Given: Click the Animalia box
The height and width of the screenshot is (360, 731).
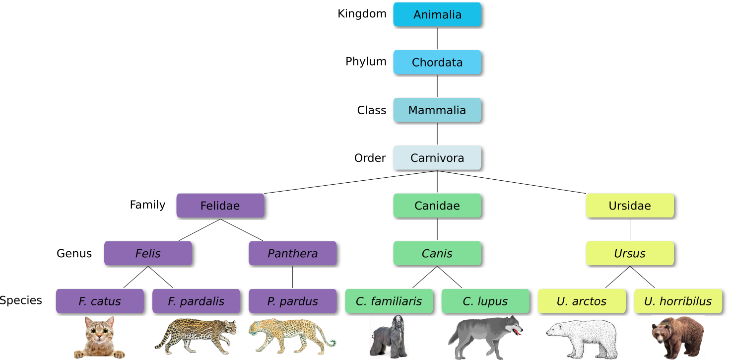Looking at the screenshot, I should pyautogui.click(x=437, y=14).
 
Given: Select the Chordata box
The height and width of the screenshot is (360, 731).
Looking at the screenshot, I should pyautogui.click(x=437, y=62).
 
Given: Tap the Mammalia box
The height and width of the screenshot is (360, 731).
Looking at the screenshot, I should pyautogui.click(x=437, y=110).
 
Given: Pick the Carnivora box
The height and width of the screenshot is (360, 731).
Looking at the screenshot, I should pyautogui.click(x=437, y=157).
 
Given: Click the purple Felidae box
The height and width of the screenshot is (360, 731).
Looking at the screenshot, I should pyautogui.click(x=220, y=206).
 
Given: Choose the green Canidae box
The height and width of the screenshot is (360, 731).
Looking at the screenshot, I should pyautogui.click(x=437, y=206).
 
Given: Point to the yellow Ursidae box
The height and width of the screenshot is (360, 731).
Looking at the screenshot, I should pyautogui.click(x=630, y=206).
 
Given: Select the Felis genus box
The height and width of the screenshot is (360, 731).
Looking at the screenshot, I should pyautogui.click(x=148, y=253).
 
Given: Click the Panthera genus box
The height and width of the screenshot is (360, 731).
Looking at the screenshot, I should pyautogui.click(x=292, y=253).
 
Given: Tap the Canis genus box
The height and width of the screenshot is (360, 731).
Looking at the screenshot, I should pyautogui.click(x=437, y=253).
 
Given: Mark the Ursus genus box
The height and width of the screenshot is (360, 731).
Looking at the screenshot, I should pyautogui.click(x=630, y=253).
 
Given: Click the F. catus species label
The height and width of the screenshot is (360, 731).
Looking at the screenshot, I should pyautogui.click(x=100, y=301).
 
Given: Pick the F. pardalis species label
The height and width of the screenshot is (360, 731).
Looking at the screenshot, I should pyautogui.click(x=196, y=301).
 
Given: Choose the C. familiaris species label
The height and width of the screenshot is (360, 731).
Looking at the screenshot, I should pyautogui.click(x=389, y=301).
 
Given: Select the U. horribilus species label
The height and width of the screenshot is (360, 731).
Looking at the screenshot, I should pyautogui.click(x=678, y=301).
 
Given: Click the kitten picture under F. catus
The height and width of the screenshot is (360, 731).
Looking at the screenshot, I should pyautogui.click(x=100, y=337).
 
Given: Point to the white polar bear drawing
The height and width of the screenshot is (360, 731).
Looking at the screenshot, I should pyautogui.click(x=582, y=339).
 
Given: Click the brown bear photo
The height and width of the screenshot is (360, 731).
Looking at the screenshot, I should pyautogui.click(x=678, y=338).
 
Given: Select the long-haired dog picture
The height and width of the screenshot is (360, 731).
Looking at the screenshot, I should pyautogui.click(x=389, y=337).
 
